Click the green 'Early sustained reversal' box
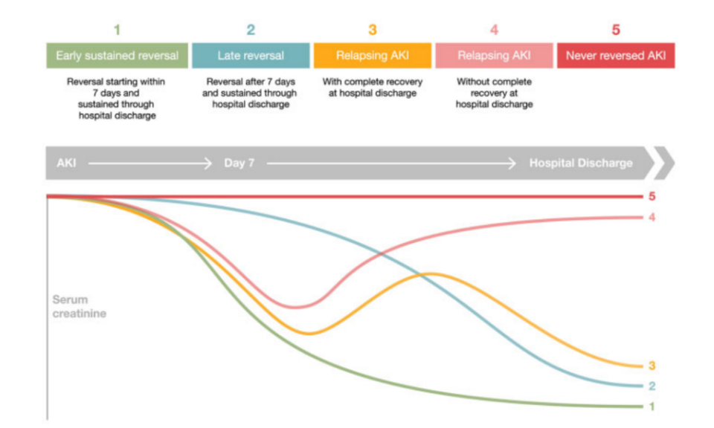[117, 56]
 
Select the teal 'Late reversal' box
[251, 56]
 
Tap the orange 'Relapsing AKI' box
[373, 56]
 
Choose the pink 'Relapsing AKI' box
[494, 56]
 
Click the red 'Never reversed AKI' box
[616, 56]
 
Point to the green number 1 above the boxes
[117, 30]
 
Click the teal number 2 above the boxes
[251, 30]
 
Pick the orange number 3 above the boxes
[373, 30]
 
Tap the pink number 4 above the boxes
[494, 30]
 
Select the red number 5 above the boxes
[616, 30]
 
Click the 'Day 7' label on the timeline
[239, 163]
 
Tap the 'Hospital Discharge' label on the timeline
[581, 163]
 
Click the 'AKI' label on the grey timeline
[66, 163]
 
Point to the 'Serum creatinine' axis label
[80, 306]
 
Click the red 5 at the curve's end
[652, 196]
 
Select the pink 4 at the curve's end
[652, 218]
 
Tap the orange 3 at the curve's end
[652, 366]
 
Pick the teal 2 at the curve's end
[652, 386]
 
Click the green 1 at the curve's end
[652, 406]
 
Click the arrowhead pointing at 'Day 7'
[208, 163]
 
